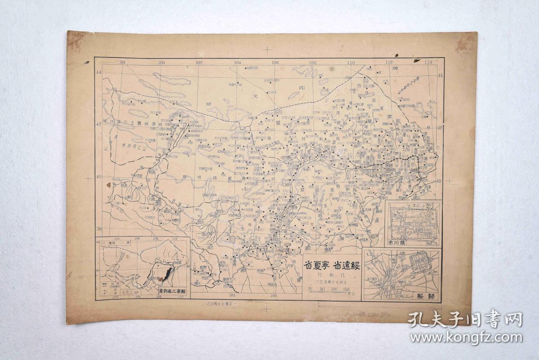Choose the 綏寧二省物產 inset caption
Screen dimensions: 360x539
click(x=172, y=291)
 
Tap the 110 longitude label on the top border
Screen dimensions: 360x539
click(x=351, y=62)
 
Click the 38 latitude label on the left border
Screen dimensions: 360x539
click(x=99, y=228)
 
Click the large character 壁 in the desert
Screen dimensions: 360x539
click(x=209, y=104)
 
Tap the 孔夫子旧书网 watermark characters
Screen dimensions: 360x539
click(x=465, y=320)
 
